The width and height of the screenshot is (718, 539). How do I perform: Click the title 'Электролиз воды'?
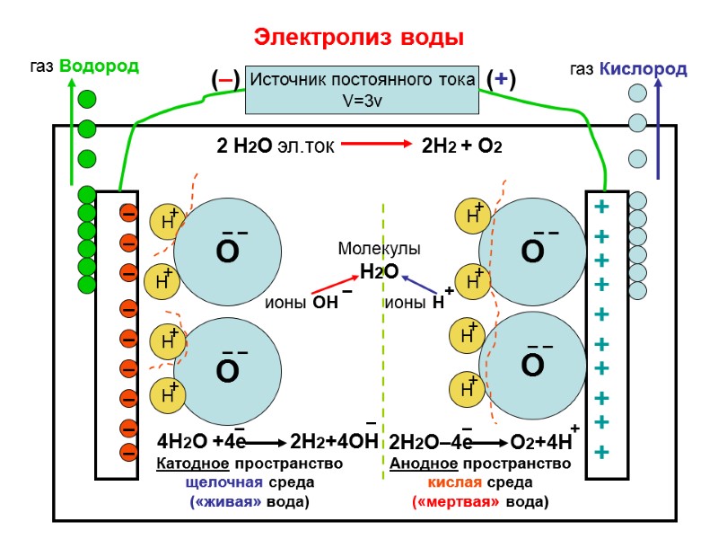coord(359,38)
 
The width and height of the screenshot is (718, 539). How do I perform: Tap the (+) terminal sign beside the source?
coord(500,80)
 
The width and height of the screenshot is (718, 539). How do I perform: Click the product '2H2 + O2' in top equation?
coord(461,146)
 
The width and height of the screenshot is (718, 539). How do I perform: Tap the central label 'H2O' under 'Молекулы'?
coord(379,270)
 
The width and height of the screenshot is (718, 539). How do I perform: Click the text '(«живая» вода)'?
coord(250,501)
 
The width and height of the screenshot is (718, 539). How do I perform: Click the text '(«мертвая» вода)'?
coord(479,501)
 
